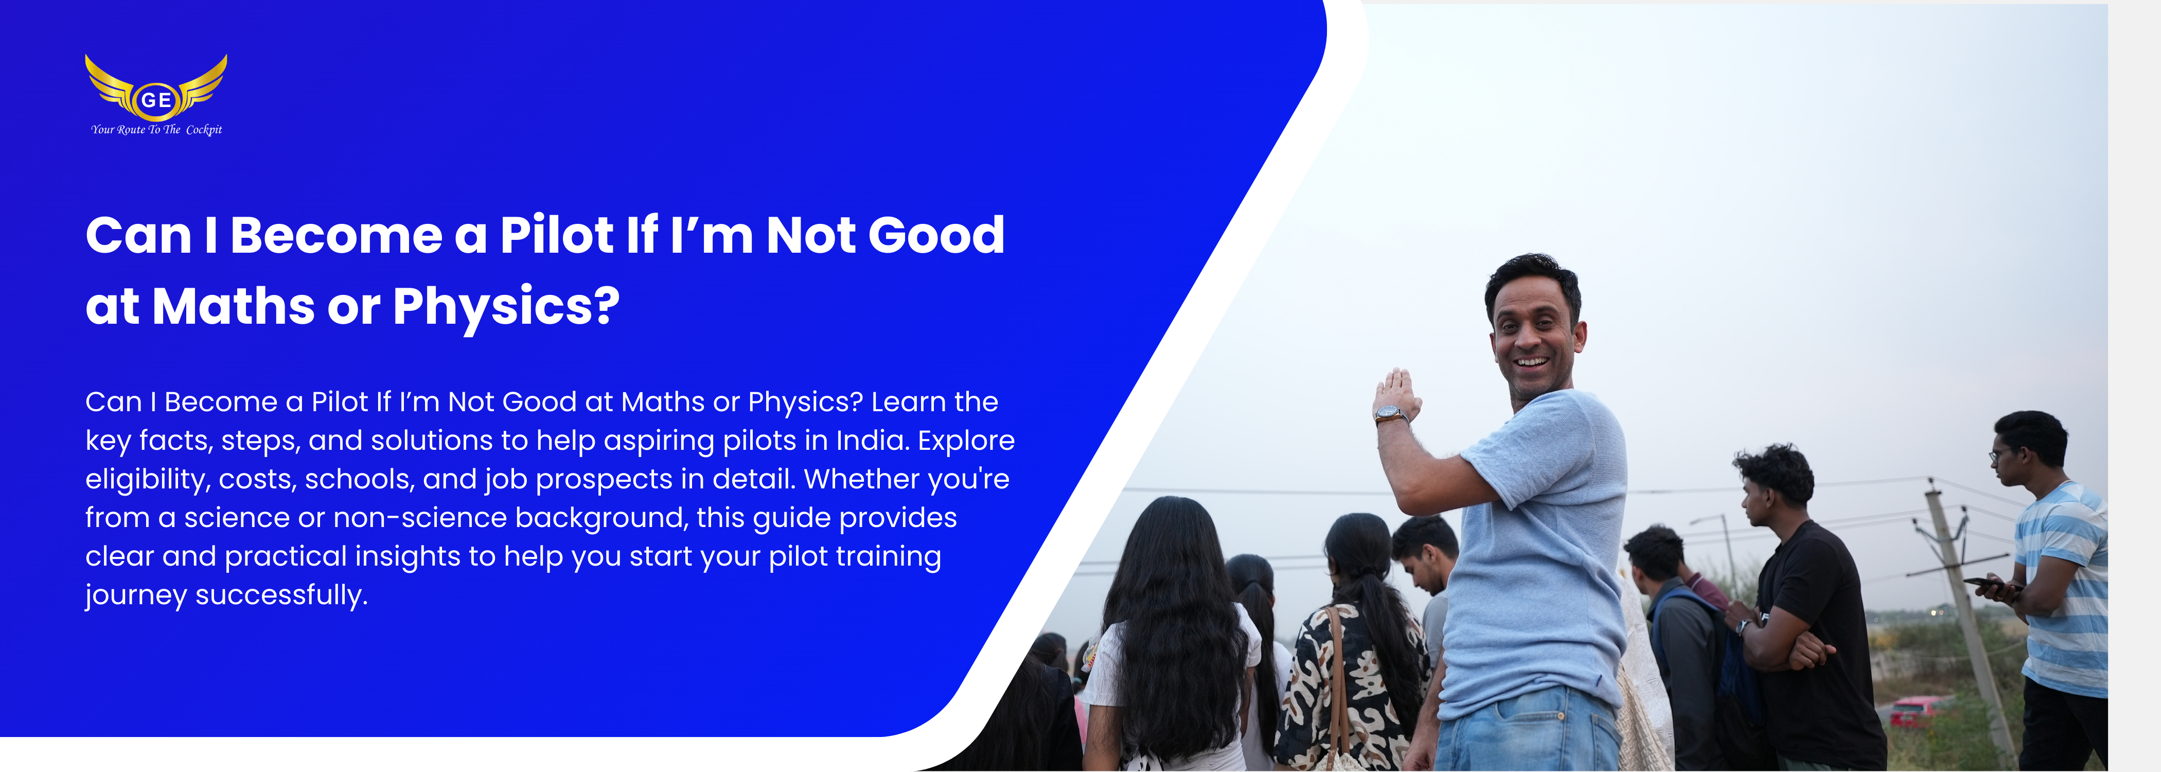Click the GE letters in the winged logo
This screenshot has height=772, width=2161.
point(156,100)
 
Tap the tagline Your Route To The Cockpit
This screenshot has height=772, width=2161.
point(157,129)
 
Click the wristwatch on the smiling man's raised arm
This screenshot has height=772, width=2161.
point(1391,414)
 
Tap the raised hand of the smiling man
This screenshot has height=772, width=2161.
point(1395,390)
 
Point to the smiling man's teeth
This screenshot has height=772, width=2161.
point(1532,362)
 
